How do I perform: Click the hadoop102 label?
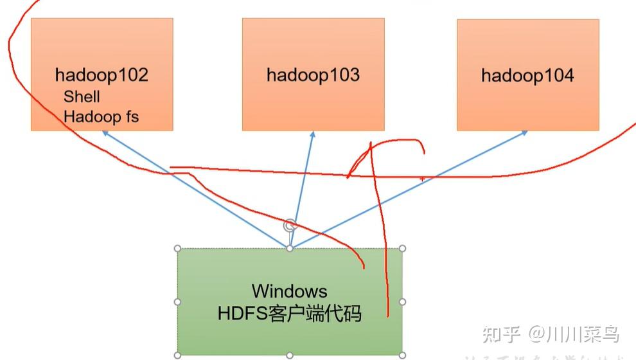pyautogui.click(x=102, y=75)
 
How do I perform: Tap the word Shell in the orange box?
pyautogui.click(x=82, y=96)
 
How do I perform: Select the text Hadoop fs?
pyautogui.click(x=101, y=116)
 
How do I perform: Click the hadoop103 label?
pyautogui.click(x=313, y=75)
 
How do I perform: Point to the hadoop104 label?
pyautogui.click(x=527, y=76)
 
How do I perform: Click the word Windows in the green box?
pyautogui.click(x=289, y=291)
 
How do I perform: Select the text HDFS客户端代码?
pyautogui.click(x=289, y=314)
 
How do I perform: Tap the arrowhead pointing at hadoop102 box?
pyautogui.click(x=103, y=132)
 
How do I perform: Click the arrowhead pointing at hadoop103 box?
pyautogui.click(x=313, y=134)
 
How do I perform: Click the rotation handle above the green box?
pyautogui.click(x=290, y=225)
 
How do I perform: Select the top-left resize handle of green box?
pyautogui.click(x=177, y=248)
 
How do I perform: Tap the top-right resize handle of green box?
pyautogui.click(x=402, y=248)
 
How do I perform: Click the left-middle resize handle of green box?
pyautogui.click(x=177, y=301)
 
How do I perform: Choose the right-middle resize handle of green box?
pyautogui.click(x=402, y=301)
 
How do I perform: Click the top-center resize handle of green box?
pyautogui.click(x=290, y=248)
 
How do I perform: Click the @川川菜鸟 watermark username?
pyautogui.click(x=574, y=334)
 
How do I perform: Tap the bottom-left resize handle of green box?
pyautogui.click(x=177, y=354)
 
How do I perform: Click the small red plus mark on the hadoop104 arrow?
pyautogui.click(x=422, y=179)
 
